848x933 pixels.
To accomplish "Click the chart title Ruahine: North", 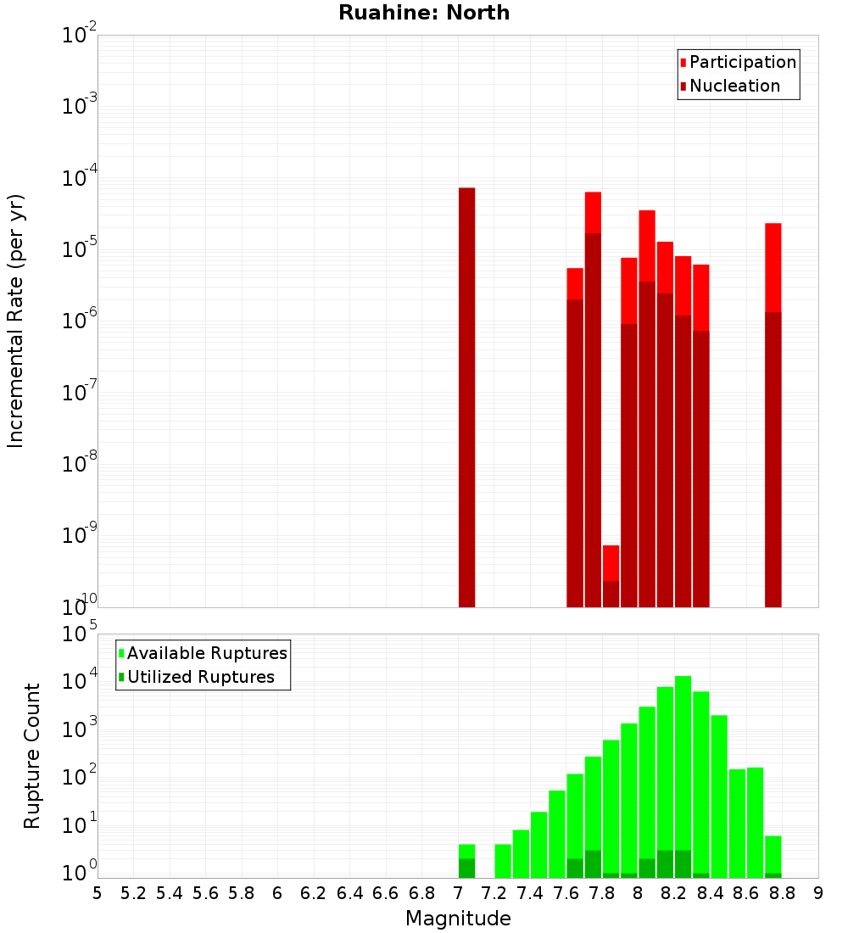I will (x=424, y=13).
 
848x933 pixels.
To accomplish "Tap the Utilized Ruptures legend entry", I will (x=200, y=677).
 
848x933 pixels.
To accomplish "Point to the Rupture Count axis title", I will (x=32, y=755).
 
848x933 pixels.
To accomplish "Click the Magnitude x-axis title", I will (x=458, y=918).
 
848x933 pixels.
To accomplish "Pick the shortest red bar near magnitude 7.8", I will (x=611, y=563).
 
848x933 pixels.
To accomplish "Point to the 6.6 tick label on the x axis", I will (x=385, y=892).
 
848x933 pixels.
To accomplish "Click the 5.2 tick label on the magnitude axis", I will (x=133, y=892).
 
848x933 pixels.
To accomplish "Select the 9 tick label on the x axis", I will (x=818, y=892).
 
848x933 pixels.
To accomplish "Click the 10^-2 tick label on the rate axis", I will (x=80, y=36).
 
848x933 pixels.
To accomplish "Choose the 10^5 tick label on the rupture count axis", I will (x=80, y=634).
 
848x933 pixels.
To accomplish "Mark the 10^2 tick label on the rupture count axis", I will (x=80, y=777).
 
